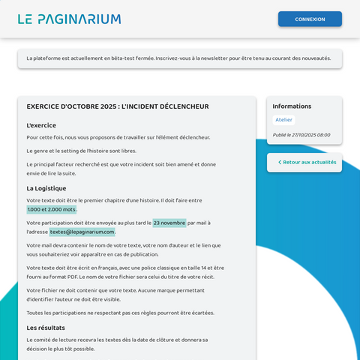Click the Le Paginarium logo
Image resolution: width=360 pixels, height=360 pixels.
69,19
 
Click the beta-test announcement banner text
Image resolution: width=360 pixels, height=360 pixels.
178,58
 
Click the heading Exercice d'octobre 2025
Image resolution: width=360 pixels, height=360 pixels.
118,106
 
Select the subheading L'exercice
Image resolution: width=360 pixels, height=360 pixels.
41,125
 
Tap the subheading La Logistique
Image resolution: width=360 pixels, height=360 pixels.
46,188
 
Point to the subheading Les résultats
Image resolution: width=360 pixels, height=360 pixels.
46,328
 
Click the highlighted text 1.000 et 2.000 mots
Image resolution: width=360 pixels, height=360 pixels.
52,210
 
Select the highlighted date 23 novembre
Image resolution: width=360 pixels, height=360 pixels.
169,223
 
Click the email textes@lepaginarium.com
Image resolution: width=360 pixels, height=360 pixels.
82,232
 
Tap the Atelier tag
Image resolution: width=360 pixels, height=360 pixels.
283,120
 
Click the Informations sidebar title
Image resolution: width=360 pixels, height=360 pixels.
292,106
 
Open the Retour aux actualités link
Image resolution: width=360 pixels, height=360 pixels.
310,162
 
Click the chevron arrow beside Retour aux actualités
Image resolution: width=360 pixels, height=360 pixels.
280,162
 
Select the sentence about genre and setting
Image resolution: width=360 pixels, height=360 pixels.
82,151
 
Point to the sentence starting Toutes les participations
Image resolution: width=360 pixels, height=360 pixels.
120,313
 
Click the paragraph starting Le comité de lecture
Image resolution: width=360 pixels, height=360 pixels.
116,344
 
